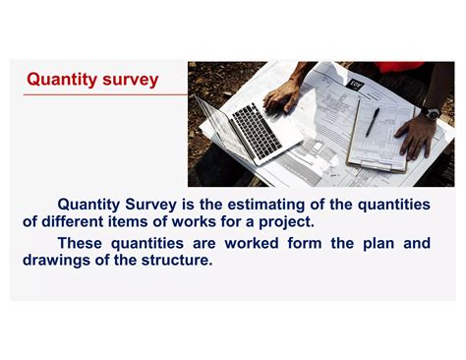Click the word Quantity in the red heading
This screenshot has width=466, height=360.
58,80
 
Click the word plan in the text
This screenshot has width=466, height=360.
376,243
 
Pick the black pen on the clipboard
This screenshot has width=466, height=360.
373,122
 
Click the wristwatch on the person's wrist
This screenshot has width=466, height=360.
431,114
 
